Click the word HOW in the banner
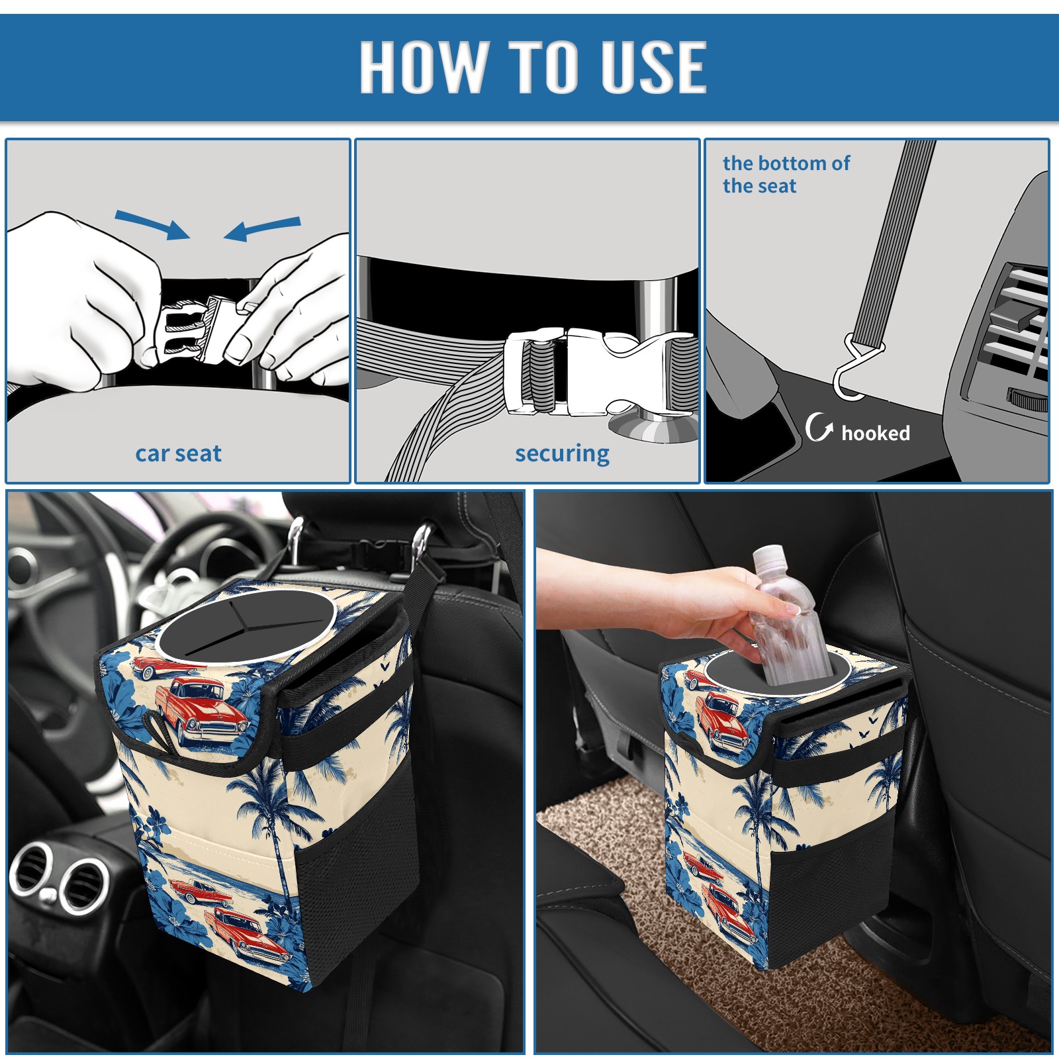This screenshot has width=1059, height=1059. pos(421,66)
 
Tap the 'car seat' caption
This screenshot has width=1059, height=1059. pos(178,453)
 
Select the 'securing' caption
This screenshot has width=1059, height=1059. pos(562,454)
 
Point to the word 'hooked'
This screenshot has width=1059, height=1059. pos(876,433)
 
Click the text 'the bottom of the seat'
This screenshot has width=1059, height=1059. pos(786,174)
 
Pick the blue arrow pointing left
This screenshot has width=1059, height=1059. pos(262,229)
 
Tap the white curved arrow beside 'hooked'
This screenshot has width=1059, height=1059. pos(819,427)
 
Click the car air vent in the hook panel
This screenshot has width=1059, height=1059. pos(1009,331)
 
